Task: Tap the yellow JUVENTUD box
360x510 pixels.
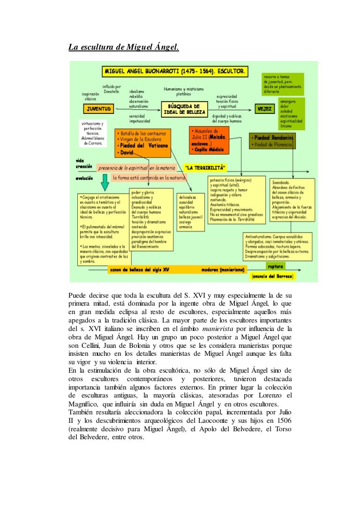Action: tap(98, 109)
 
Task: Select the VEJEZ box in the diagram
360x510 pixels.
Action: tap(264, 109)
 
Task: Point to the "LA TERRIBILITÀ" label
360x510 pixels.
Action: tap(205, 167)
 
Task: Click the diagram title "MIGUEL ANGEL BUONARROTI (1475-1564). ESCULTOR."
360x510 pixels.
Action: tap(174, 72)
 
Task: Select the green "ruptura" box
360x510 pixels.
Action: tap(276, 266)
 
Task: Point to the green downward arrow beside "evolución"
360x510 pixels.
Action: tap(90, 179)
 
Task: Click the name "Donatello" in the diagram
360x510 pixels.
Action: tap(112, 91)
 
